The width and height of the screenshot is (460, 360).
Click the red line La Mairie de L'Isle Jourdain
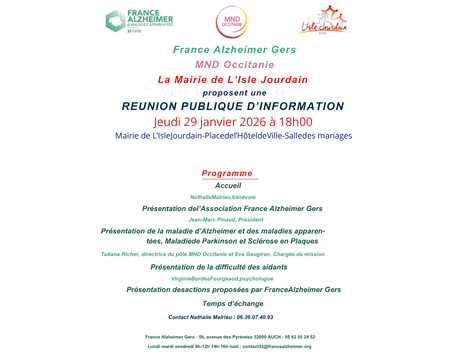coord(230,79)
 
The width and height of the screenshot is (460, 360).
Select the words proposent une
coord(230,92)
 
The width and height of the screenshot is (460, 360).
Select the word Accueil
coord(229,186)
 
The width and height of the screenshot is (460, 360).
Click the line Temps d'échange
coord(231,303)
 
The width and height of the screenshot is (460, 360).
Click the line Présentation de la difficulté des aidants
coord(229,267)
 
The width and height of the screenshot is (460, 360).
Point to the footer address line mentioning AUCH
coord(230,337)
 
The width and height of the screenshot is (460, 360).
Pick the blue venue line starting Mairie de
coord(230,137)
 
